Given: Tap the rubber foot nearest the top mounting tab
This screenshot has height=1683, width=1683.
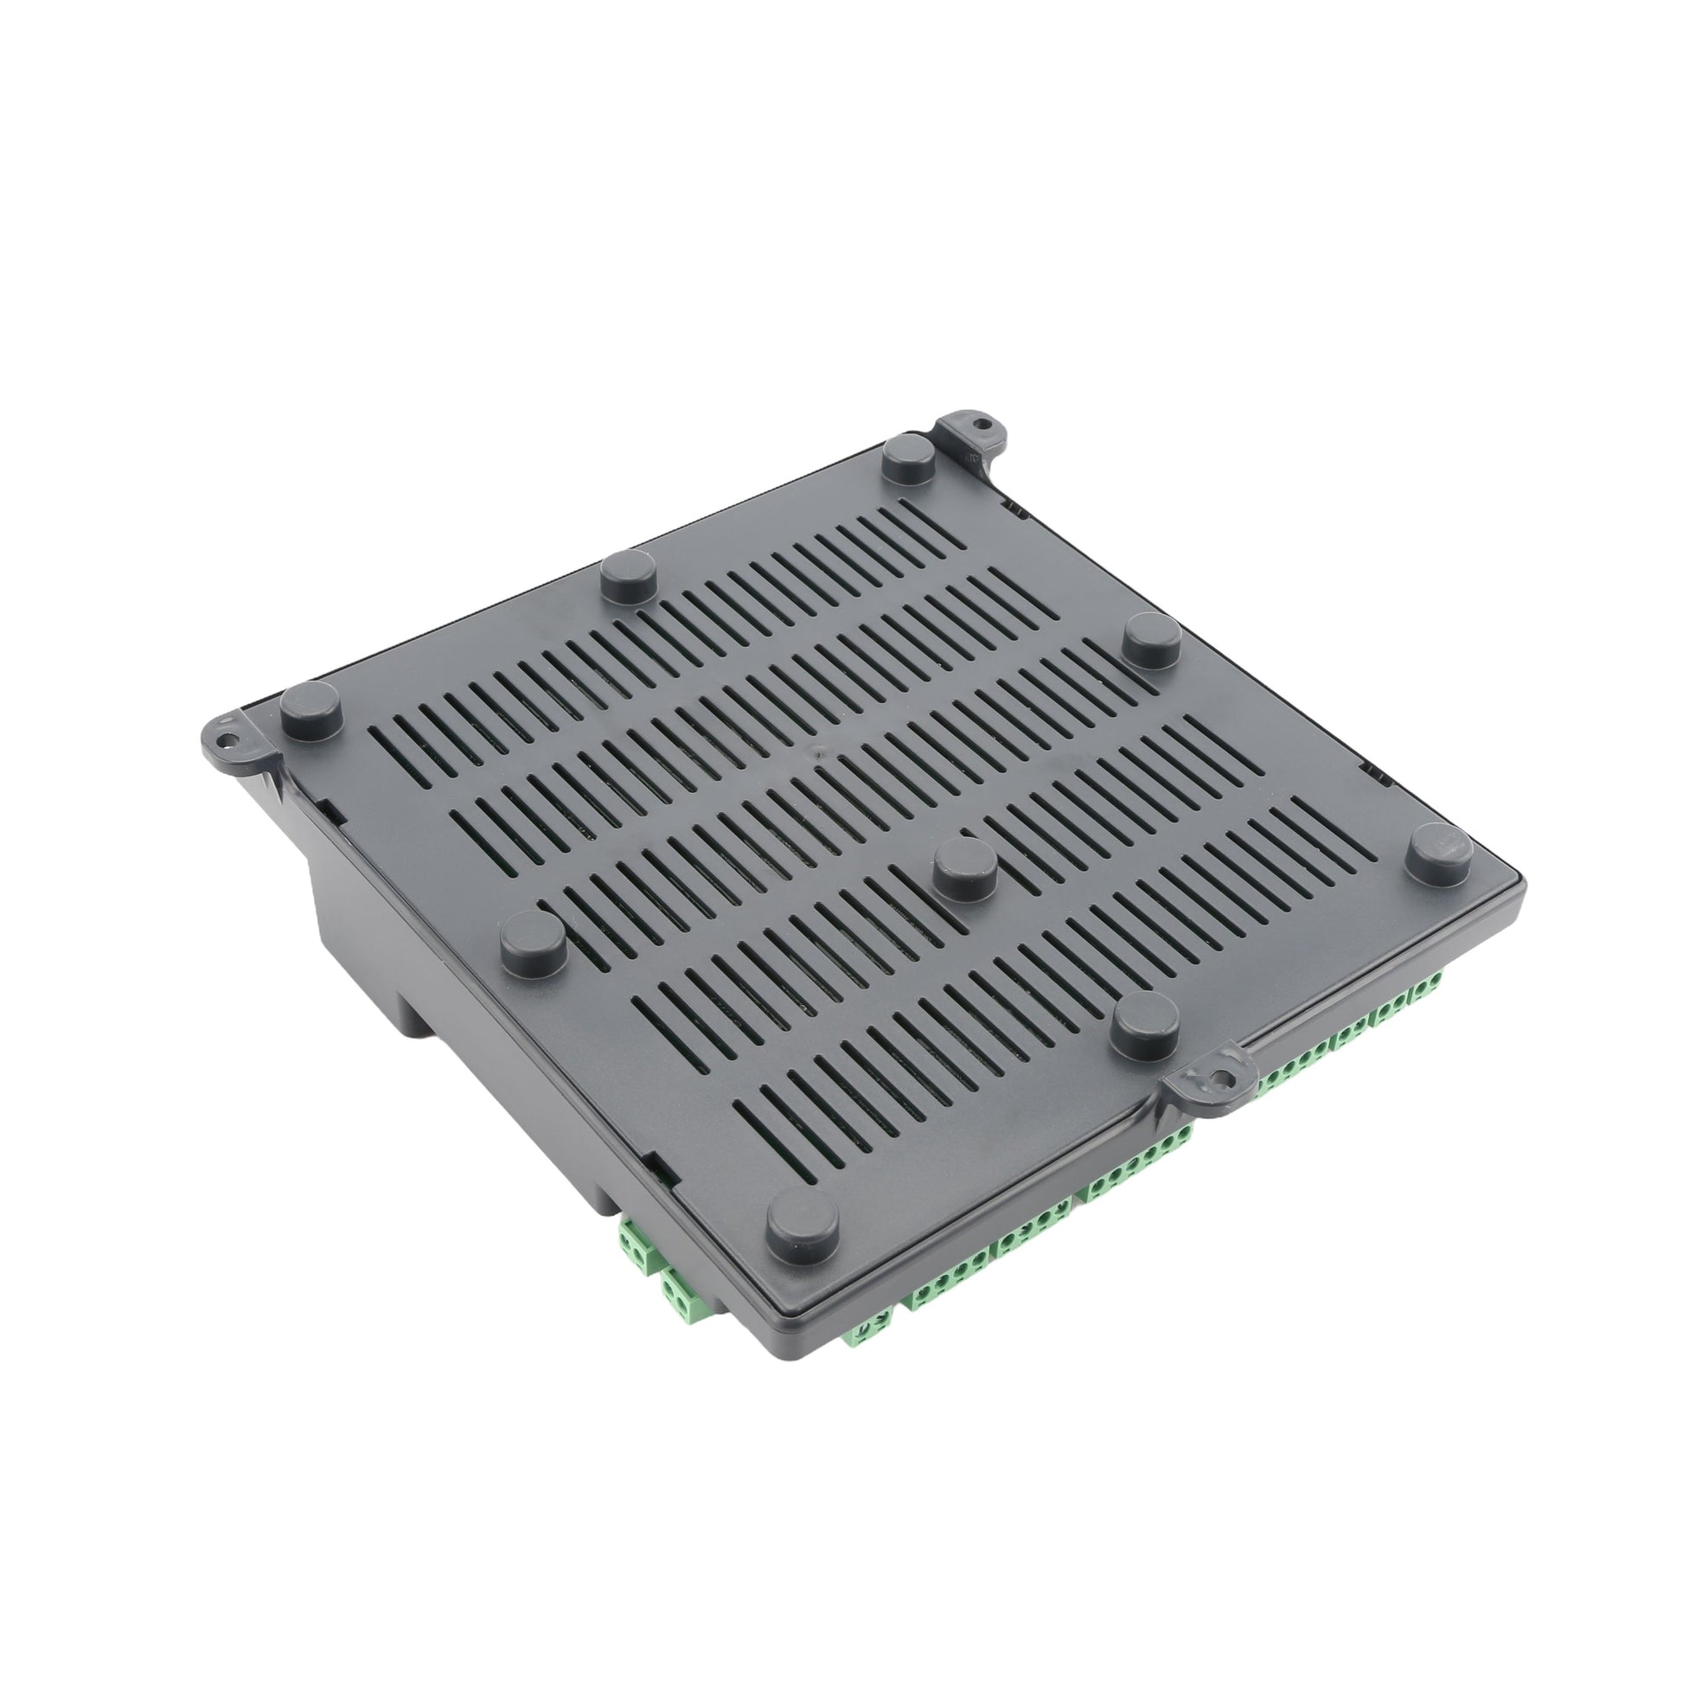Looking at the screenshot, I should coord(910,459).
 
